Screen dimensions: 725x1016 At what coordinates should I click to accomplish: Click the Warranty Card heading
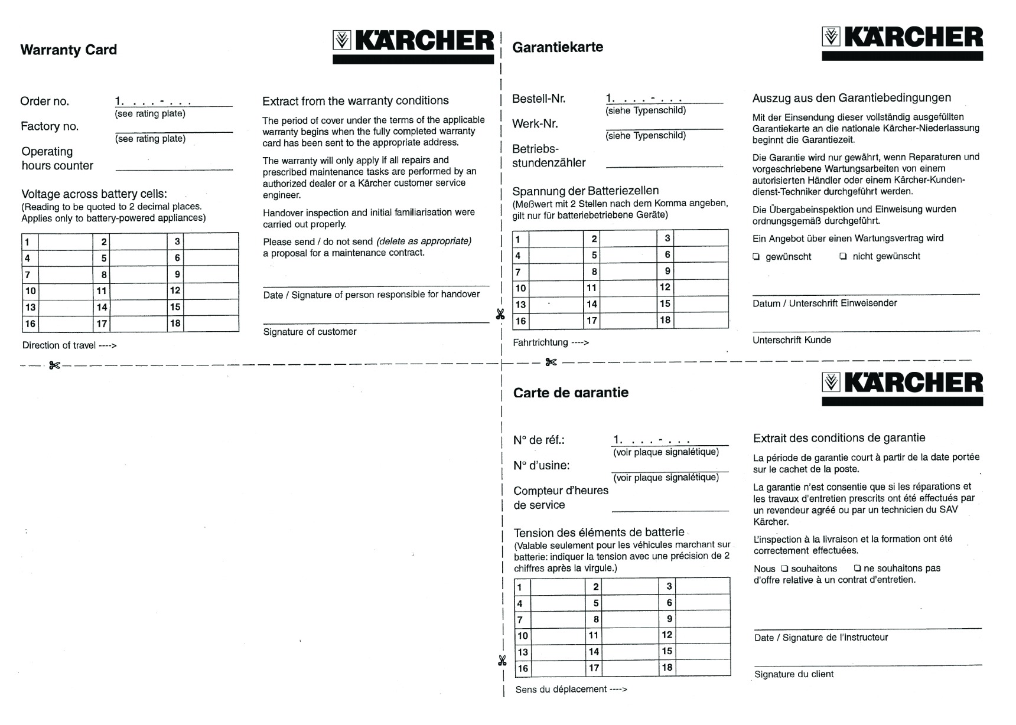click(x=69, y=50)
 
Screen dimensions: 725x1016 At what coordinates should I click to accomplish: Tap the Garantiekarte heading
click(x=558, y=47)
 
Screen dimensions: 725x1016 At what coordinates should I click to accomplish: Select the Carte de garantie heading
click(x=571, y=393)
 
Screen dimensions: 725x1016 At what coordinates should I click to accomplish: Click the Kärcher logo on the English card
click(x=413, y=41)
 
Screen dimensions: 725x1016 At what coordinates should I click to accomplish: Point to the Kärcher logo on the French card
click(x=902, y=384)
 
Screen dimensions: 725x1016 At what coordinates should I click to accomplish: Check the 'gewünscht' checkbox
click(x=756, y=256)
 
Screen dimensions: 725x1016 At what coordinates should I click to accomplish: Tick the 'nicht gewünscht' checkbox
click(x=843, y=256)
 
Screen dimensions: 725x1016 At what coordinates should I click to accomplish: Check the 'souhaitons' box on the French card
click(x=784, y=569)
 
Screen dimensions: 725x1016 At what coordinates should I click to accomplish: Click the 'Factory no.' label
click(x=50, y=126)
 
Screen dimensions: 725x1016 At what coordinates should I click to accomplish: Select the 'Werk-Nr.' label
click(x=535, y=124)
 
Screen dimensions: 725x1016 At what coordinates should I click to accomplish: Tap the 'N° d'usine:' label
click(x=541, y=465)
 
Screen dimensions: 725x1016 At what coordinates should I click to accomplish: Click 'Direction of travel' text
click(x=69, y=345)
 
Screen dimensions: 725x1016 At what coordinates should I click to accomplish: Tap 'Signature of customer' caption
click(x=310, y=332)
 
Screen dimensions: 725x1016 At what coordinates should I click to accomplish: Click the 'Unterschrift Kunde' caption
click(x=792, y=340)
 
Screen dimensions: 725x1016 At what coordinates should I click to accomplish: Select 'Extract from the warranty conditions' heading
click(x=355, y=101)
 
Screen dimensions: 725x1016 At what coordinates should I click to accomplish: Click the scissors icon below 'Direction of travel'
click(x=54, y=365)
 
